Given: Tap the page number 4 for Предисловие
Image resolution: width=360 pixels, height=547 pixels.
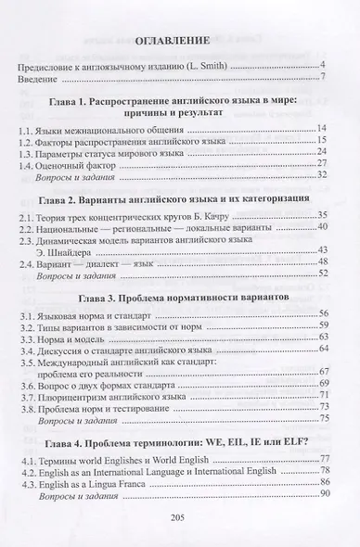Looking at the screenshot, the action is point(323,64).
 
